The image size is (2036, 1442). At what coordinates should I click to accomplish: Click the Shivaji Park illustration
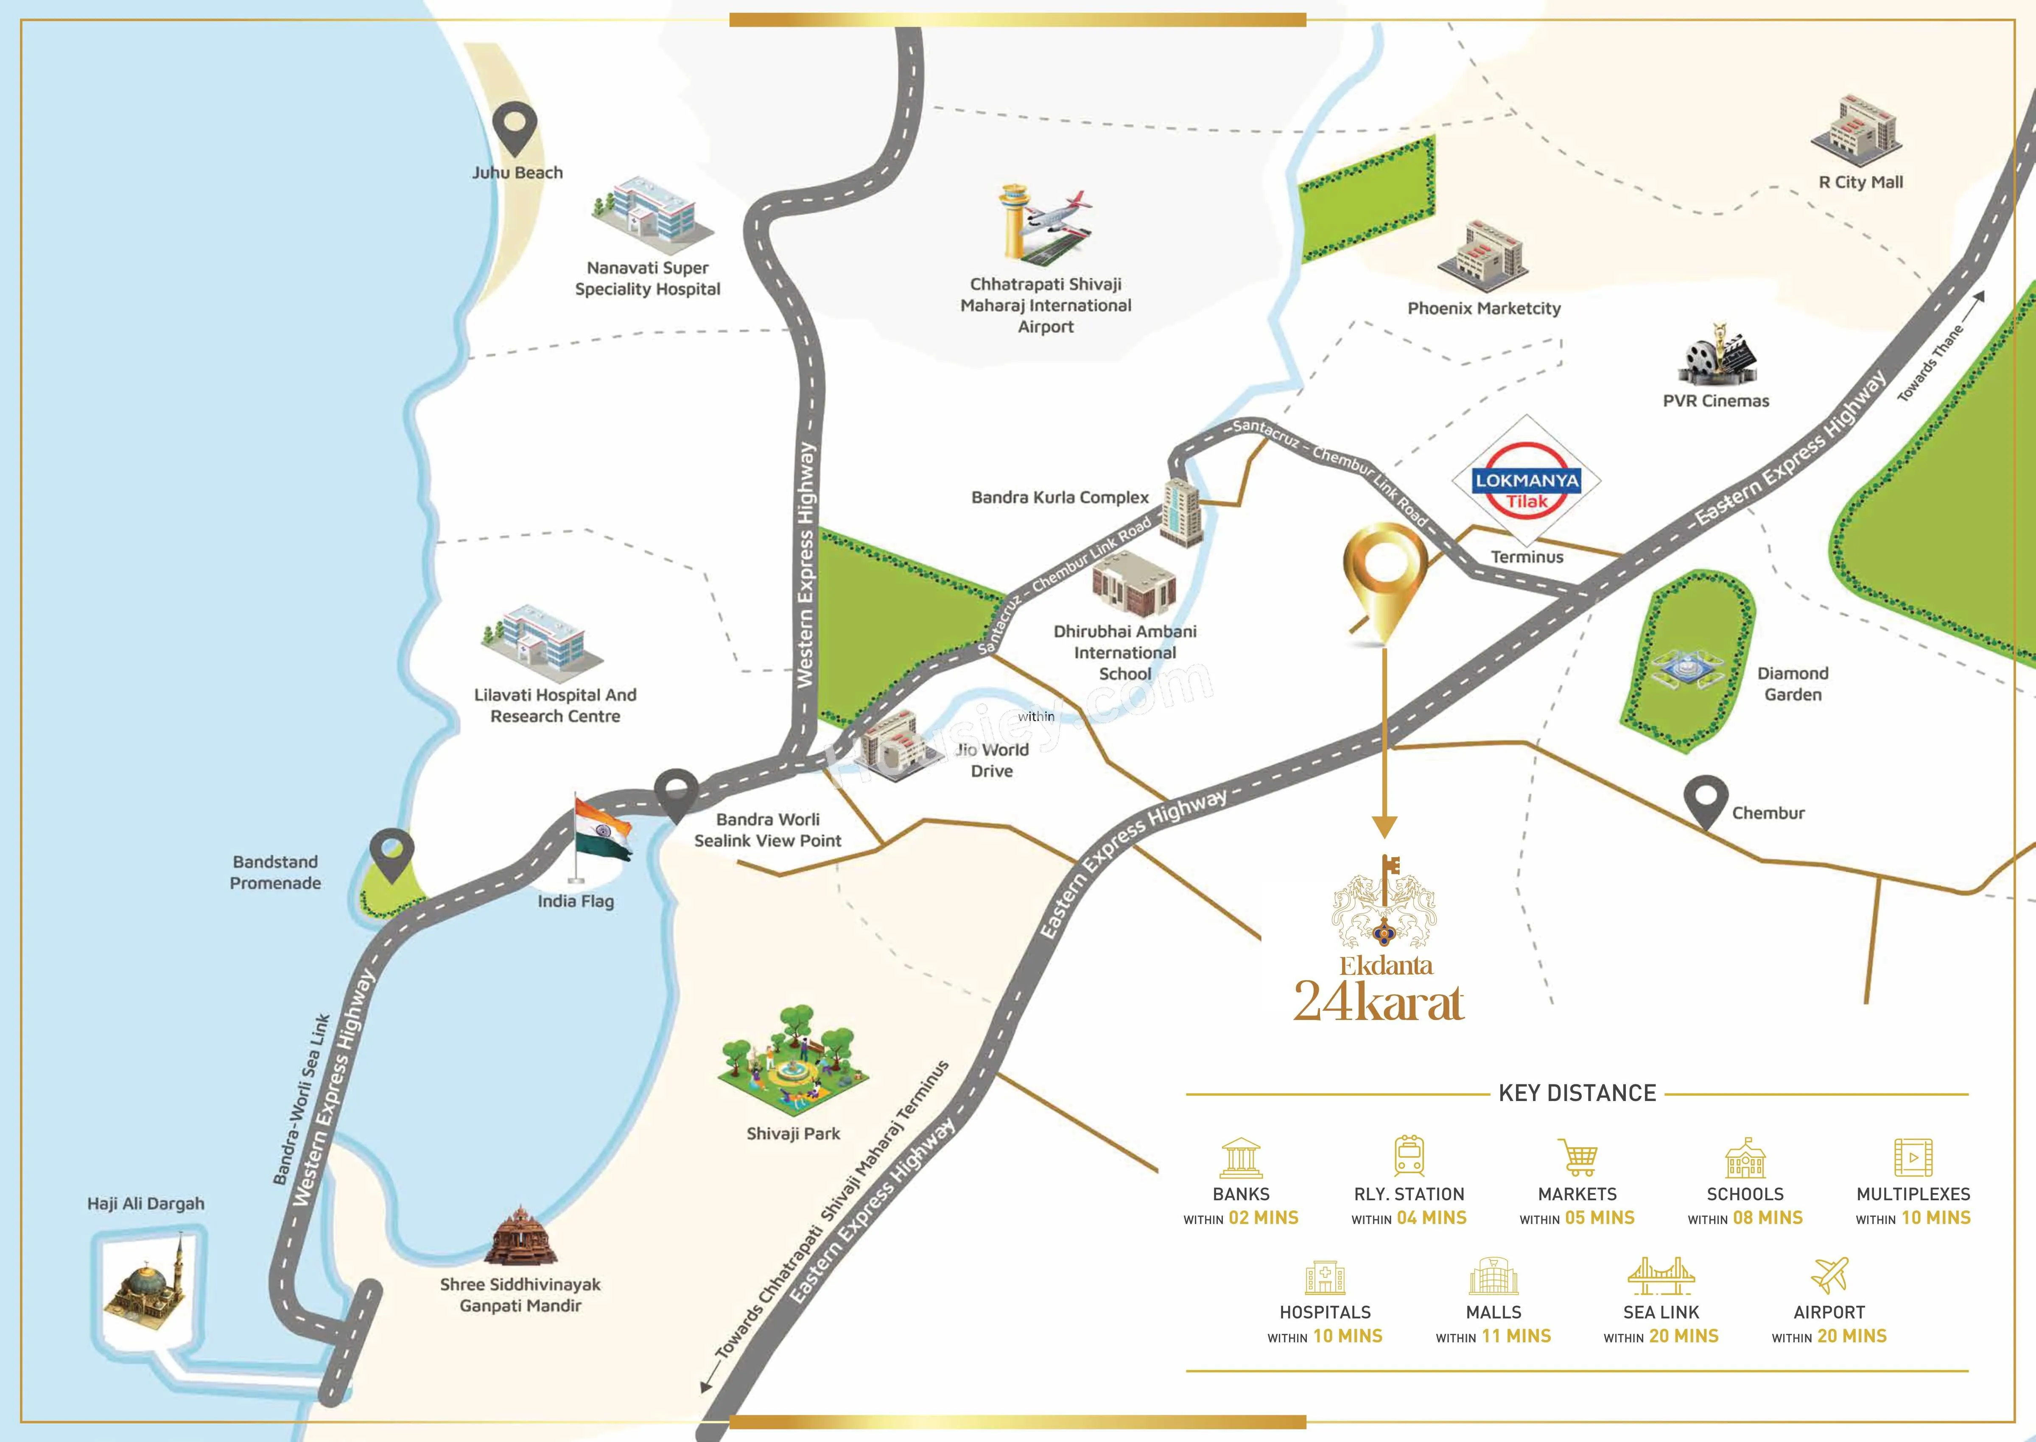coord(793,1061)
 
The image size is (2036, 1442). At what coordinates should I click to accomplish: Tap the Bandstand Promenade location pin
coord(392,855)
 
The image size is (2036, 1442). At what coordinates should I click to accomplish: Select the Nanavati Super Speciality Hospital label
coord(647,278)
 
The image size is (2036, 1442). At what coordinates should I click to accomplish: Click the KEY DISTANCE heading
coord(1577,1093)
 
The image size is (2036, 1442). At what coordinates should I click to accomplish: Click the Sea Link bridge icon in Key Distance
coord(1661,1276)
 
